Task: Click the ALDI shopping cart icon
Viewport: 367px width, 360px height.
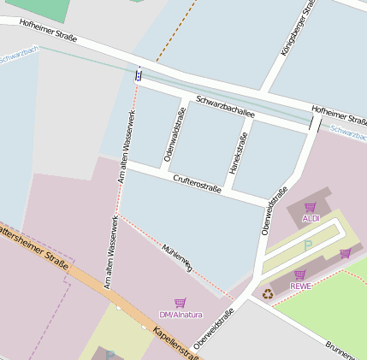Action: pyautogui.click(x=310, y=207)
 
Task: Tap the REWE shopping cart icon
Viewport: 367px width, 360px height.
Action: pyautogui.click(x=299, y=274)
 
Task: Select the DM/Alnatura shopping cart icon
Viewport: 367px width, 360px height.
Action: pyautogui.click(x=180, y=303)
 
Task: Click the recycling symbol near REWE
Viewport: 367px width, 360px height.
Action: pyautogui.click(x=268, y=293)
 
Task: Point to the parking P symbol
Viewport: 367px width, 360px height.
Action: pyautogui.click(x=308, y=245)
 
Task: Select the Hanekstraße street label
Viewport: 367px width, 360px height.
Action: pyautogui.click(x=239, y=148)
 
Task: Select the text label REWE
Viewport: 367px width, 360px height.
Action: pyautogui.click(x=299, y=286)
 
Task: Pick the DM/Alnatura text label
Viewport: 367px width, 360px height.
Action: pyautogui.click(x=181, y=315)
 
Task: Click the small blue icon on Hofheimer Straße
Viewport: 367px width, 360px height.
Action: pyautogui.click(x=139, y=74)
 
